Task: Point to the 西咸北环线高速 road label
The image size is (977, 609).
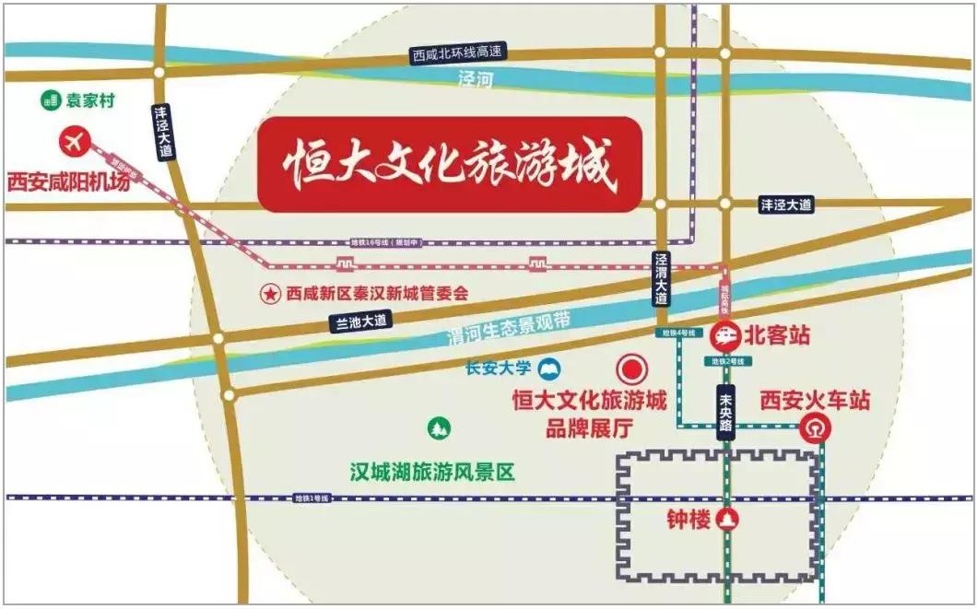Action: tap(459, 57)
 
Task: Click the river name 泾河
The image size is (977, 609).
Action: tap(477, 80)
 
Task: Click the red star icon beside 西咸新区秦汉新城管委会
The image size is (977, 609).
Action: tap(270, 294)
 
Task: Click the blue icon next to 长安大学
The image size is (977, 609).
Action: tap(551, 369)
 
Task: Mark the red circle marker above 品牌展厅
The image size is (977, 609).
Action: tap(633, 369)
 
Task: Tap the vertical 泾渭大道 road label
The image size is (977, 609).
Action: tap(661, 279)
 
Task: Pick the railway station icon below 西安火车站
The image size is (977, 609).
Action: tap(812, 428)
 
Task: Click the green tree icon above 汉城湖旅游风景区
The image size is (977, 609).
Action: tap(438, 428)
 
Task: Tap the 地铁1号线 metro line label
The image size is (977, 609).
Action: tap(312, 498)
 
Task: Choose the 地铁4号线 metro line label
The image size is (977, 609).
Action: tap(675, 333)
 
